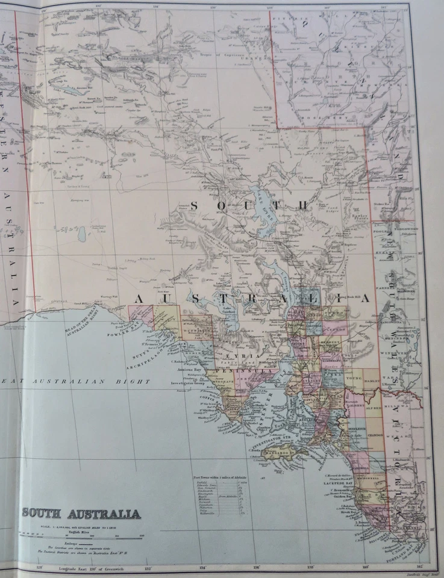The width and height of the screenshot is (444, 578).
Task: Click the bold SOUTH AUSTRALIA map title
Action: tap(81, 514)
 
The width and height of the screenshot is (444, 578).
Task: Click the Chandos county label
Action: tap(374, 438)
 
